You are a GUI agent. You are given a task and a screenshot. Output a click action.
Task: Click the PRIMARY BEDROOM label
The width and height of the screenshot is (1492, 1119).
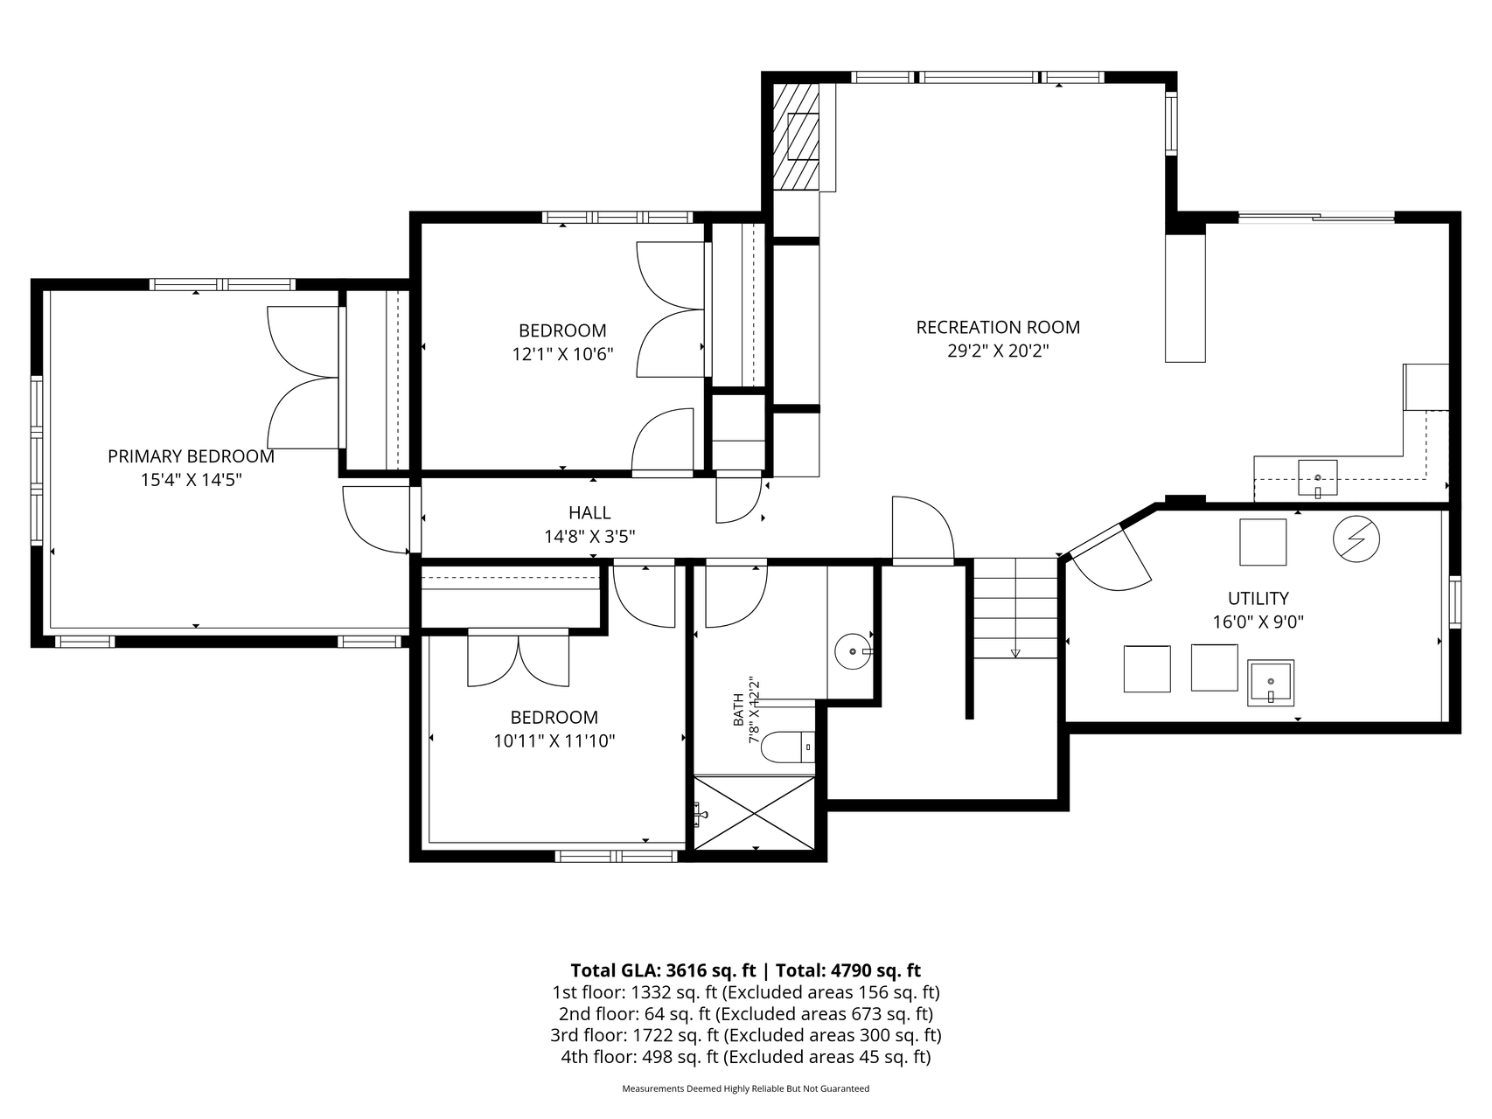click(191, 456)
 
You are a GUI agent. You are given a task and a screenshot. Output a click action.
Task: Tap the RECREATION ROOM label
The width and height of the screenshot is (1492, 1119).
click(998, 327)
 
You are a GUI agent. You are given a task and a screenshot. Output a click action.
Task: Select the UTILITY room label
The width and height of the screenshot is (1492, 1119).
click(1258, 598)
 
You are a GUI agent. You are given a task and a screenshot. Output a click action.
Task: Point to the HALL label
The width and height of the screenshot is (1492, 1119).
click(589, 512)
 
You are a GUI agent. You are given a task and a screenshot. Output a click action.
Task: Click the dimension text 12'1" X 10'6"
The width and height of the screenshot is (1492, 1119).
click(562, 354)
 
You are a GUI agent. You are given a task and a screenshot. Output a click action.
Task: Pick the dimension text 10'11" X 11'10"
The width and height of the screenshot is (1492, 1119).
click(554, 741)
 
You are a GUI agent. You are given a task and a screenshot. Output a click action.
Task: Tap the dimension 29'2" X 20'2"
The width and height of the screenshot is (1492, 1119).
click(998, 351)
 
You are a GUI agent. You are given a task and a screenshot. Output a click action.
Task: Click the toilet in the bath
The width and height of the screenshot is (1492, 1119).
click(788, 747)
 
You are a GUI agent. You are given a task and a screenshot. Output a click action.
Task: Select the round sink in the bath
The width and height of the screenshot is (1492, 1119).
click(854, 651)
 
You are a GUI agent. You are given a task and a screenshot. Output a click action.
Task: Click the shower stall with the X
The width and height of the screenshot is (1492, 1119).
click(754, 812)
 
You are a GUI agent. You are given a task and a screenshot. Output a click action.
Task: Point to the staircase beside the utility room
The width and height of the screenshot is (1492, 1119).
click(1015, 608)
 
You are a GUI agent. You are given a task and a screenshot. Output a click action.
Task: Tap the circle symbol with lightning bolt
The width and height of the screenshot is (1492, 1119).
click(1356, 539)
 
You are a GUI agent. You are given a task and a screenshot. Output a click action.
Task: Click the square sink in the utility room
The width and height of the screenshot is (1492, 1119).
click(1271, 683)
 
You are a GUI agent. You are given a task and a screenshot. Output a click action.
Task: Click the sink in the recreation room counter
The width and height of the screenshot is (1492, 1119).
click(1317, 477)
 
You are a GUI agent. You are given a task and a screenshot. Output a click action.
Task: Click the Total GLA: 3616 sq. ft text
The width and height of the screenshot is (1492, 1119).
click(663, 970)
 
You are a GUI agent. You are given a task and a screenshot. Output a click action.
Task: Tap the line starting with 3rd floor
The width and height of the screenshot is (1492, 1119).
click(746, 1036)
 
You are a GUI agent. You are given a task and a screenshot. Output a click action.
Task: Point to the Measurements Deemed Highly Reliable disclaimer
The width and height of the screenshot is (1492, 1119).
click(746, 1089)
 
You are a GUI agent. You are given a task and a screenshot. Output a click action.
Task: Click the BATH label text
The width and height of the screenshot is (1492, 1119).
click(738, 710)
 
